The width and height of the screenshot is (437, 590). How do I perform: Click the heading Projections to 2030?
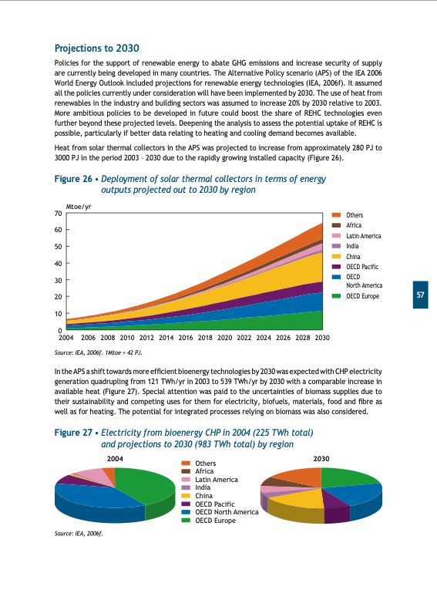click(x=96, y=48)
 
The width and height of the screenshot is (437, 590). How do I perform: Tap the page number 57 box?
click(x=421, y=295)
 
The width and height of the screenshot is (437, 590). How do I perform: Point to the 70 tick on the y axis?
click(x=58, y=213)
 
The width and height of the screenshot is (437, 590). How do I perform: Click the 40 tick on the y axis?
click(x=58, y=264)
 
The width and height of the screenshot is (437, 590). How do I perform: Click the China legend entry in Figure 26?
click(x=355, y=255)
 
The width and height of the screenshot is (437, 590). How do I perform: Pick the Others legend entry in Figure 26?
click(x=355, y=215)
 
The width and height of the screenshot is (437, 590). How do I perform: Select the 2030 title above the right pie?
click(x=322, y=459)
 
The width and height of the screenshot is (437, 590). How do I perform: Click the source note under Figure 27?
click(x=79, y=533)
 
